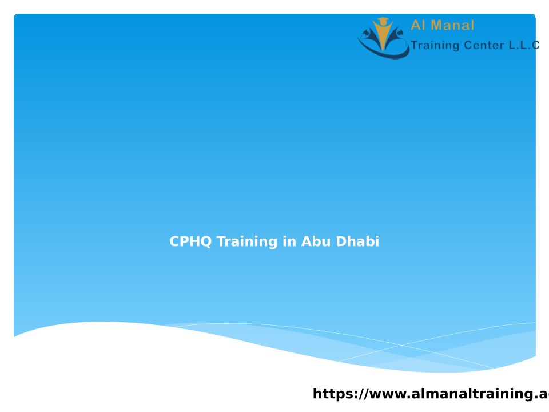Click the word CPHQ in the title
[190, 241]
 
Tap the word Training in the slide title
[247, 242]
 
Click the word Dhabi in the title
[357, 241]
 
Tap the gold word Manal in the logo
[452, 25]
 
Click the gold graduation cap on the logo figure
[383, 21]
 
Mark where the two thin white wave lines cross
[401, 346]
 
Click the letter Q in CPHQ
[206, 241]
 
